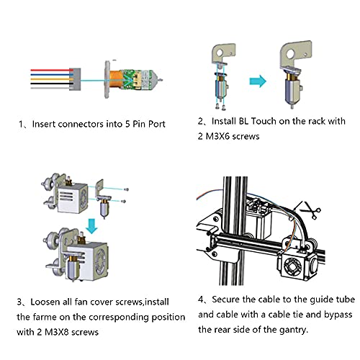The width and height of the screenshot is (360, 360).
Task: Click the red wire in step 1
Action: click(x=50, y=70)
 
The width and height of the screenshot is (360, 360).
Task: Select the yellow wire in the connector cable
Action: click(x=50, y=79)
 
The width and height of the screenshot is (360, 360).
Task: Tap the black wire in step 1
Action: click(x=50, y=84)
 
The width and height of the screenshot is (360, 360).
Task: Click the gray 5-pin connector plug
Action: click(x=75, y=79)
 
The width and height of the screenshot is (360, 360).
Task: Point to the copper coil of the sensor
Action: click(x=117, y=79)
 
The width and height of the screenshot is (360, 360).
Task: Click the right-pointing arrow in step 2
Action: click(x=258, y=81)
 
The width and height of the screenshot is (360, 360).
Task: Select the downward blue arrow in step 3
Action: click(x=91, y=226)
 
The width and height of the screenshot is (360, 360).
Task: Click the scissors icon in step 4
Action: click(x=310, y=210)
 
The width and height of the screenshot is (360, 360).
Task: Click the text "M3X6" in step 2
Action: click(x=217, y=136)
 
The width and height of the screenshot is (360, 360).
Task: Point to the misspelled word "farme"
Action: click(x=45, y=317)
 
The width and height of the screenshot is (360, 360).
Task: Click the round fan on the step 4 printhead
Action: click(x=292, y=267)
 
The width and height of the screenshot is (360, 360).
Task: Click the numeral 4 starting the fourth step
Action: click(x=201, y=300)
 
